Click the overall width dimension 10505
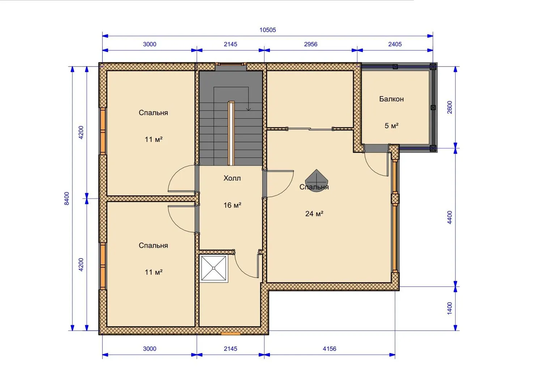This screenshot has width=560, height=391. [267, 30]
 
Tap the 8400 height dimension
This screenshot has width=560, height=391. [67, 198]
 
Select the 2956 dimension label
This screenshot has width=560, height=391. [310, 44]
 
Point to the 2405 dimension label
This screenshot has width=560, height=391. [395, 44]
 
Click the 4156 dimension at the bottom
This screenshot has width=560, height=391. [329, 349]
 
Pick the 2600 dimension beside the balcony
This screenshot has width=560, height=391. [450, 107]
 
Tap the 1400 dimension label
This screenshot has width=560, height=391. [450, 308]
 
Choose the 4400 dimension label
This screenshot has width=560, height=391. [450, 217]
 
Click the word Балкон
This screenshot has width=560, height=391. [391, 99]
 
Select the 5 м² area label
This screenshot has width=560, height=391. [391, 126]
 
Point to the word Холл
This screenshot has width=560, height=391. [232, 178]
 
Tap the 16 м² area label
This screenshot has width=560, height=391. [232, 205]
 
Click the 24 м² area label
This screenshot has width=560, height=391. [314, 214]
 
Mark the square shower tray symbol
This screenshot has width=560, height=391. [214, 268]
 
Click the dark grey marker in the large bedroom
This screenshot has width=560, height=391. [316, 181]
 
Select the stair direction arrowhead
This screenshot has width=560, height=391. [248, 109]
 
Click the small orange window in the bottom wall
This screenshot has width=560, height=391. [230, 333]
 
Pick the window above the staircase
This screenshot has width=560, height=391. [231, 64]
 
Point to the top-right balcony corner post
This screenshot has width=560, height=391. [433, 67]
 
